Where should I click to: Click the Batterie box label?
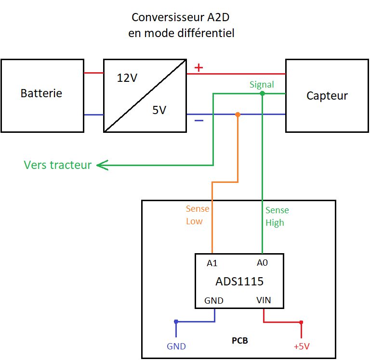pos(41,93)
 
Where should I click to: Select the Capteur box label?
pos(327,96)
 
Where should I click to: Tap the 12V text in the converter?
pos(127,77)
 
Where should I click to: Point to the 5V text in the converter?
pos(159,110)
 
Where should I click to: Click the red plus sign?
pos(198,68)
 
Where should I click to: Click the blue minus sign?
pos(198,120)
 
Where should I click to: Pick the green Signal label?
pos(262,85)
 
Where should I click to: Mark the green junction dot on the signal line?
pos(262,93)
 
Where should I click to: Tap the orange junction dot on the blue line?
pos(238,115)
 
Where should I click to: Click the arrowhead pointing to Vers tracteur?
pos(100,166)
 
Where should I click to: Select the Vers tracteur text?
pos(58,165)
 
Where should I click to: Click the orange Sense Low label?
pos(198,215)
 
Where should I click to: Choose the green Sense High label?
pos(277,217)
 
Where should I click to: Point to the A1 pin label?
pos(212,263)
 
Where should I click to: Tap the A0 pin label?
pos(262,263)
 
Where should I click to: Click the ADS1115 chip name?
pos(239,281)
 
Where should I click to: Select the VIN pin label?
pos(264,300)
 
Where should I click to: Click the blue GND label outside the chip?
pos(176,347)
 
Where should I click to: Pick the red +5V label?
pos(301,347)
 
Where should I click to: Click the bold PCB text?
pos(239,341)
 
